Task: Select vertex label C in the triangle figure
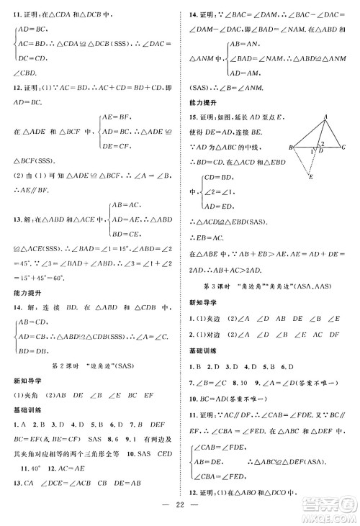tap(345, 148)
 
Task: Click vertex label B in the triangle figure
tap(288, 148)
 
